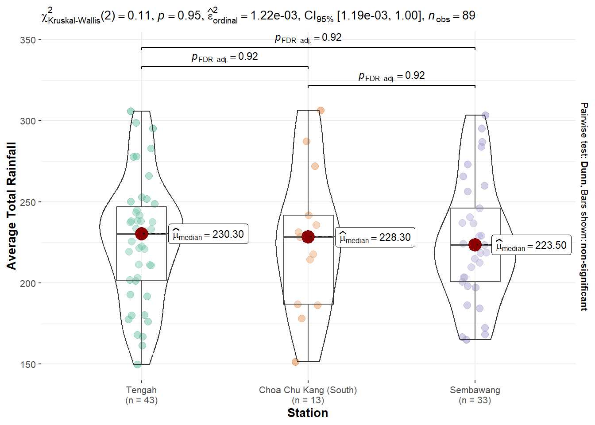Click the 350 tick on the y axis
28,40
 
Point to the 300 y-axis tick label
28,121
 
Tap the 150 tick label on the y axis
28,364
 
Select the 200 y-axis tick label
28,283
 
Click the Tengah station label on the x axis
141,390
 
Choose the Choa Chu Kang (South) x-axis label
308,390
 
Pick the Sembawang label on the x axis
475,390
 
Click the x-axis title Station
308,413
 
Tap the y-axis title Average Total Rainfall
12,206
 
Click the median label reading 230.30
209,234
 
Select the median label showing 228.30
375,237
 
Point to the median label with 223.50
531,245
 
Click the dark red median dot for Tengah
142,234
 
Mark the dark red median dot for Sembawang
475,244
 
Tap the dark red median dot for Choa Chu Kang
308,237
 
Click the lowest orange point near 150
295,362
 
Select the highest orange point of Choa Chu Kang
321,110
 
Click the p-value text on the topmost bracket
308,38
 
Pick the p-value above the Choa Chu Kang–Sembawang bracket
391,76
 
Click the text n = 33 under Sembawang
475,400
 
